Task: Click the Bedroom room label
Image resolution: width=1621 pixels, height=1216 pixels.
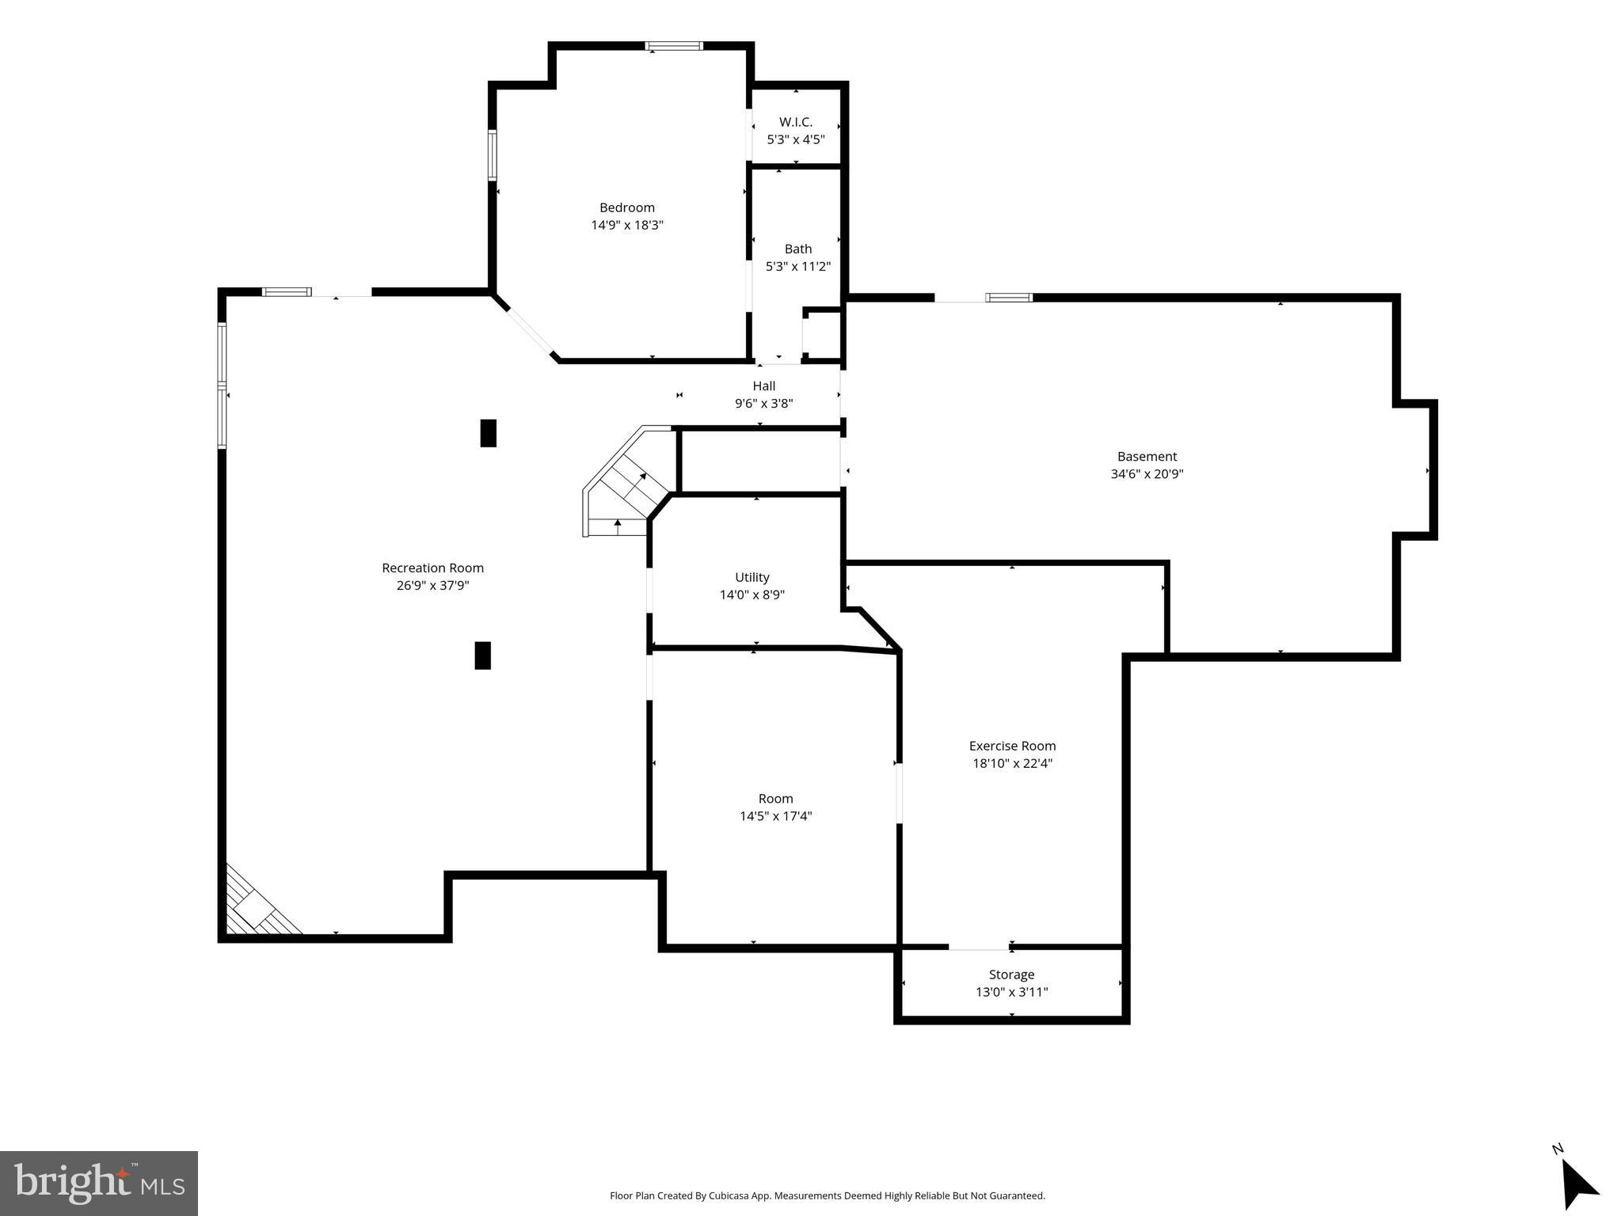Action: point(626,208)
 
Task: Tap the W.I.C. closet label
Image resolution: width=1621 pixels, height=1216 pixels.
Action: point(795,122)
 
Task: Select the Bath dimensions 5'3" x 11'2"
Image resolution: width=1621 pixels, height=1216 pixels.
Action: point(797,267)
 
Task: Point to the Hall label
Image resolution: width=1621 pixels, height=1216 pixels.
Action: point(763,386)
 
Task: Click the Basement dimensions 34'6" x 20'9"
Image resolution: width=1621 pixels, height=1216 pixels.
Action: point(1147,474)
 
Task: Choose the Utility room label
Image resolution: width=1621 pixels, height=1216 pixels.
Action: point(752,578)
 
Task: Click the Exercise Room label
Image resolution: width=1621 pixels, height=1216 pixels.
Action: point(1012,746)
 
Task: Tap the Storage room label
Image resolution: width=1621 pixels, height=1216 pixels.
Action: point(1011,975)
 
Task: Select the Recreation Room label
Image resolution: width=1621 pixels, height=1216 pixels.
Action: point(432,568)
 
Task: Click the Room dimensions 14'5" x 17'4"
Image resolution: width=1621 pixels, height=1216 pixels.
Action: point(775,816)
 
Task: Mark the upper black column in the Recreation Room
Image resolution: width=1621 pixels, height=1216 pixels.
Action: point(489,433)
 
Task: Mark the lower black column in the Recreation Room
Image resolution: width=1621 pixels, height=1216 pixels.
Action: point(482,655)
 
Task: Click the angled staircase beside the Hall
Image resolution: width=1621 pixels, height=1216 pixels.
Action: point(626,488)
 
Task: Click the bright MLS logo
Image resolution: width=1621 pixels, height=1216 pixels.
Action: point(98,1184)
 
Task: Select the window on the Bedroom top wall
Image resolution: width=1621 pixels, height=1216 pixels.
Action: point(674,46)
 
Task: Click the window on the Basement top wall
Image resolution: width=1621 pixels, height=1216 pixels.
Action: point(1009,298)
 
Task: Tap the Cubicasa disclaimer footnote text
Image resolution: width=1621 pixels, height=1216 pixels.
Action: point(827,1195)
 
